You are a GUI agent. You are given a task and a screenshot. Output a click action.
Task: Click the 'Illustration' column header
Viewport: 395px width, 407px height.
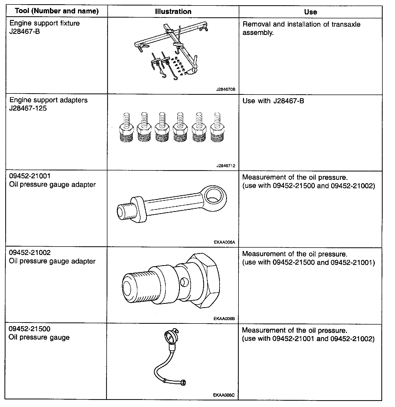tap(173, 12)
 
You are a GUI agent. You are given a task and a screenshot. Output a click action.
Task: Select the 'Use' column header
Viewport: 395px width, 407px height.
tap(310, 12)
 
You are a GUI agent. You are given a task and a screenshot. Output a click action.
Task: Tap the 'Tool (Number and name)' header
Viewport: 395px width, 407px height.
tap(57, 11)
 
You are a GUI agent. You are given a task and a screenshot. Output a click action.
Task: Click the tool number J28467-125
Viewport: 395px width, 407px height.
tap(28, 108)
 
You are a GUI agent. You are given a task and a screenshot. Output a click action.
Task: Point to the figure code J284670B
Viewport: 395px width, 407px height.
tap(226, 89)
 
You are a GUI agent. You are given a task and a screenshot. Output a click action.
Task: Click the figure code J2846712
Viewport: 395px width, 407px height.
tap(226, 166)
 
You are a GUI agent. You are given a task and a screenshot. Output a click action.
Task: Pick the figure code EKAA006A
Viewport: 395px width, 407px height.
tap(224, 242)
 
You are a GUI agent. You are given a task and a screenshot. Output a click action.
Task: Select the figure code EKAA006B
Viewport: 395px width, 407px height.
tap(224, 319)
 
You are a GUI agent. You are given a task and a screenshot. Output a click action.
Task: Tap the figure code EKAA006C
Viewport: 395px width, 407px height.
tap(224, 395)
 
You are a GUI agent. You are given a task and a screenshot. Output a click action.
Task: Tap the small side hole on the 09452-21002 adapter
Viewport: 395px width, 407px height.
tap(184, 282)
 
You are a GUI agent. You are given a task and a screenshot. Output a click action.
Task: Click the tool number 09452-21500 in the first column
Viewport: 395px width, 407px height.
tap(29, 329)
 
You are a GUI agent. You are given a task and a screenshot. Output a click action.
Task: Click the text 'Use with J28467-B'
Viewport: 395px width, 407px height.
tap(273, 101)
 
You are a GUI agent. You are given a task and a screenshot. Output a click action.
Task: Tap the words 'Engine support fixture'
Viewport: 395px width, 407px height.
tap(44, 23)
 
